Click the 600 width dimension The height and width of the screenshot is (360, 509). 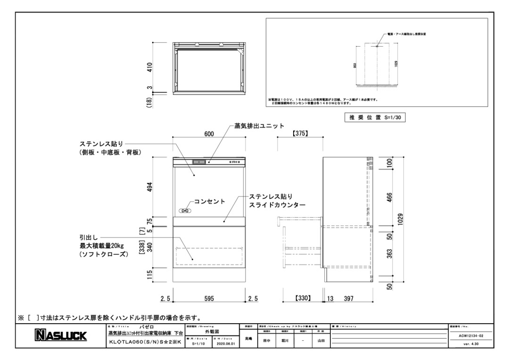tap(209, 134)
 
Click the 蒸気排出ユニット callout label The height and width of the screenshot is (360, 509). tap(259, 126)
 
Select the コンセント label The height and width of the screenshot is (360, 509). tap(210, 201)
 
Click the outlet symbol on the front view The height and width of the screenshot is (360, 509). tap(186, 211)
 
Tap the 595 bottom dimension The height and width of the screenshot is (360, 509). tap(209, 298)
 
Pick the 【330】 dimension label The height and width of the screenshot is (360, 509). tap(302, 298)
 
